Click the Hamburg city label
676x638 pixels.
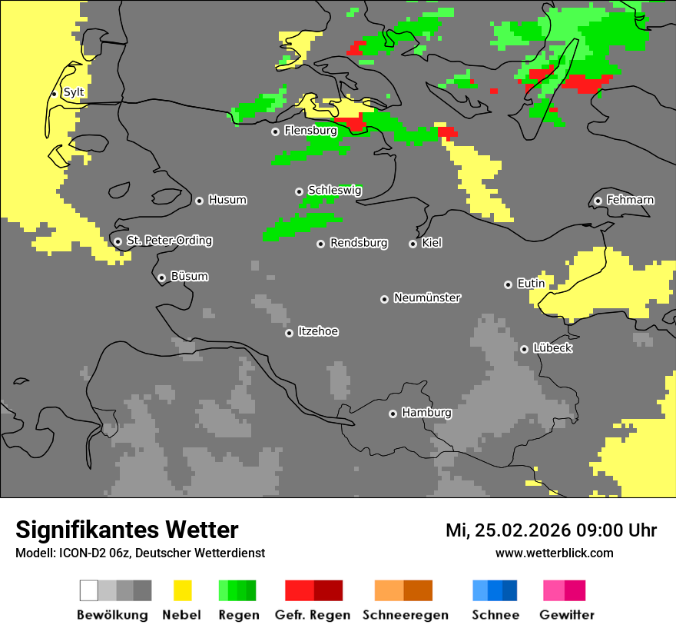(426, 413)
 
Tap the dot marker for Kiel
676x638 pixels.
(413, 244)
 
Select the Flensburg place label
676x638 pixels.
(310, 131)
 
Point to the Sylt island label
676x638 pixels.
(74, 92)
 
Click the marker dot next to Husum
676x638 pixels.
(199, 201)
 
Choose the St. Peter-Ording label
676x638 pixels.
(169, 241)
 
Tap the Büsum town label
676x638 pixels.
(189, 276)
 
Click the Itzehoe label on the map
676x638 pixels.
(318, 331)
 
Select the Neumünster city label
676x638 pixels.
(427, 297)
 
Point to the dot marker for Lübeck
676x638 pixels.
(524, 349)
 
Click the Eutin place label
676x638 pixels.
(531, 284)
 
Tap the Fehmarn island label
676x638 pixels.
(630, 200)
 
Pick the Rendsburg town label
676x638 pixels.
(359, 243)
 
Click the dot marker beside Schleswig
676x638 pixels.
(299, 191)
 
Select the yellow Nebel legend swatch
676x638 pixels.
(182, 590)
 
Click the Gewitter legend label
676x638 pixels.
(567, 615)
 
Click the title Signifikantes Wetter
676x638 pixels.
(127, 530)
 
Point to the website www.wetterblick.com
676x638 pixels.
(554, 553)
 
